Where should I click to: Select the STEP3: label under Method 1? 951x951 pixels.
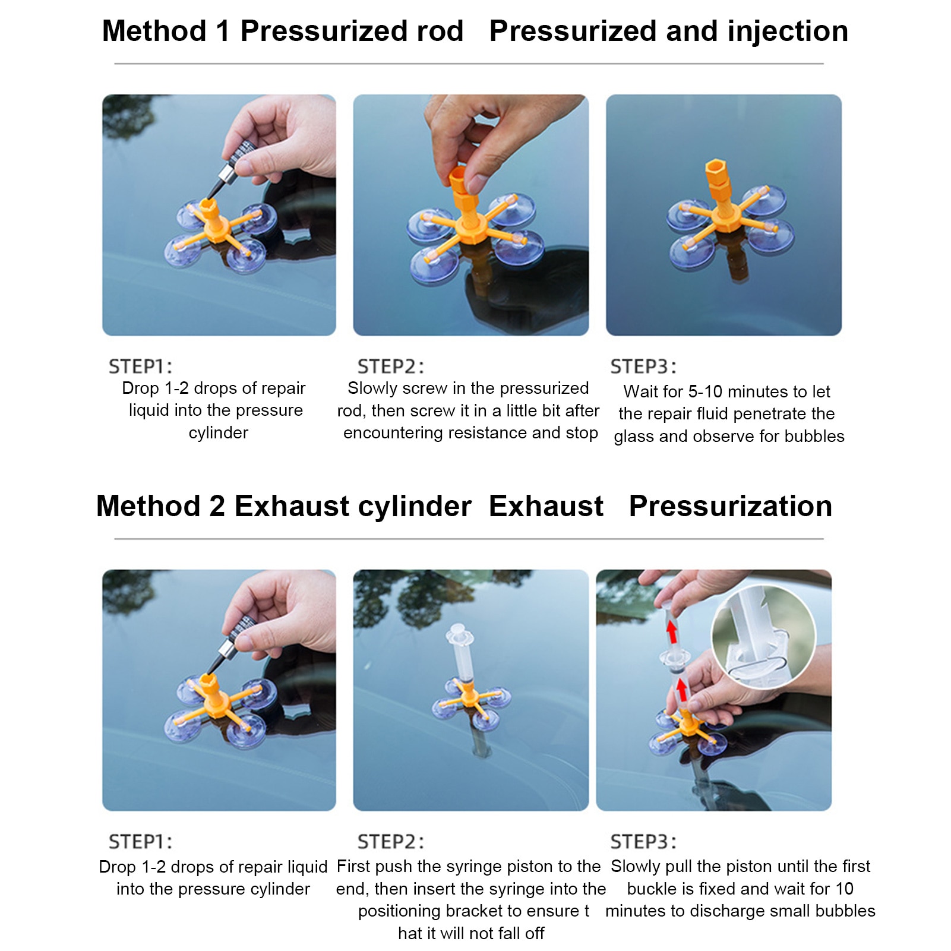click(x=643, y=367)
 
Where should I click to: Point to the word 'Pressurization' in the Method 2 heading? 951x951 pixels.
click(x=730, y=507)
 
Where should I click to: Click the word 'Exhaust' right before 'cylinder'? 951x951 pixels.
click(x=292, y=507)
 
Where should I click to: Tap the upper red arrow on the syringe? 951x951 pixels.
click(x=672, y=631)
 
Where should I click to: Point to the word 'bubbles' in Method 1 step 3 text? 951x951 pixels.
click(x=814, y=437)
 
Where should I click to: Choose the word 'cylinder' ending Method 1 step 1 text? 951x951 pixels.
click(x=218, y=433)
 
